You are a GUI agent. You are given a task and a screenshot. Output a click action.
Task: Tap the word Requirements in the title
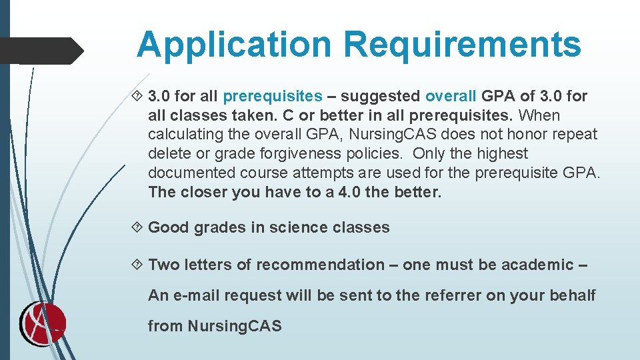coord(462,45)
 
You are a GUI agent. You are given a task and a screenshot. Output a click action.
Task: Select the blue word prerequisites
coord(273,97)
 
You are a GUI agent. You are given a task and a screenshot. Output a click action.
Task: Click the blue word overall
coord(451,97)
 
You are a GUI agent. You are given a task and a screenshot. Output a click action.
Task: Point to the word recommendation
coord(320,265)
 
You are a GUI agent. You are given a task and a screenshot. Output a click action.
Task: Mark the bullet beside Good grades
coord(139,227)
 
